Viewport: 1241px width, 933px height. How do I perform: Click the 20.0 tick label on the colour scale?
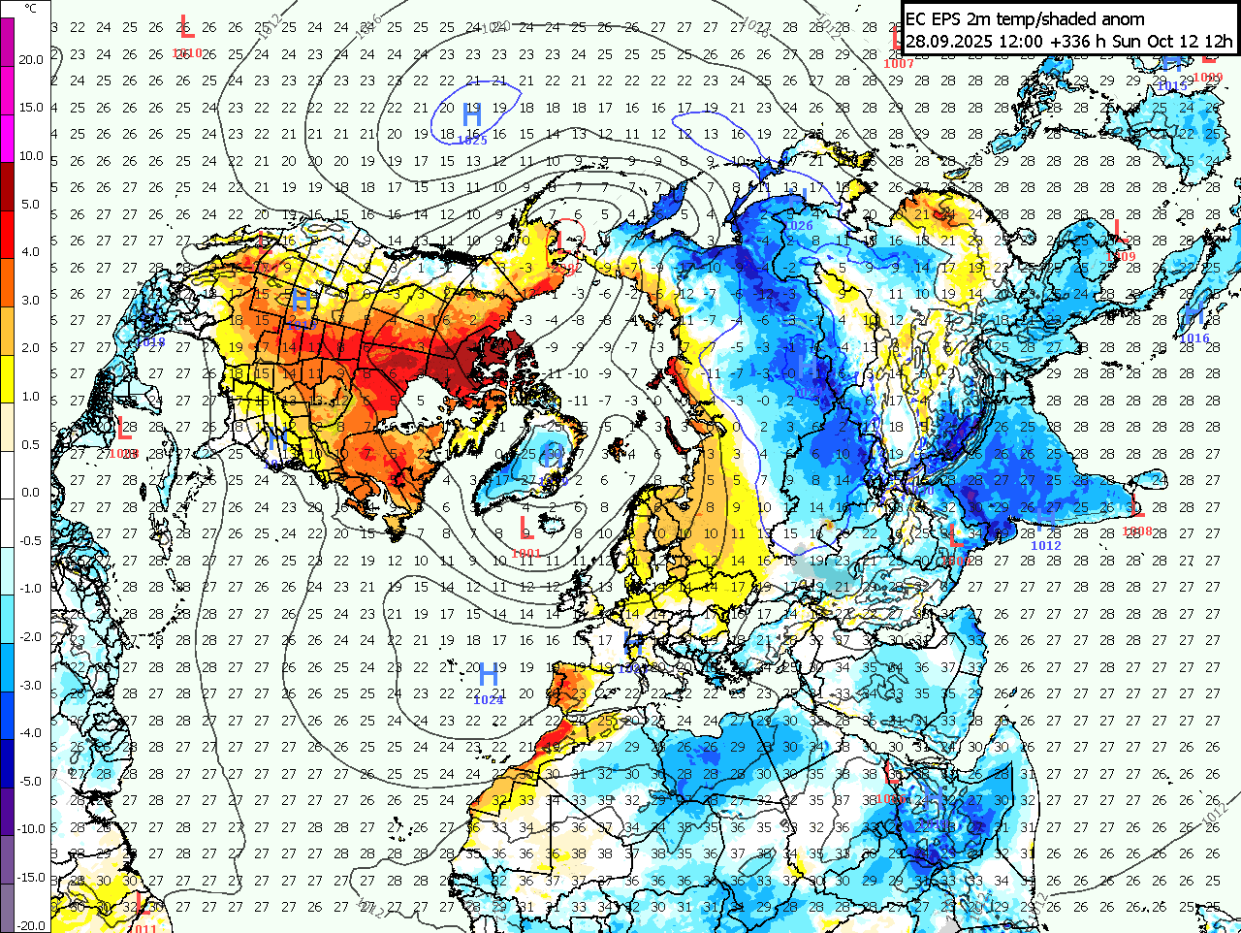[31, 59]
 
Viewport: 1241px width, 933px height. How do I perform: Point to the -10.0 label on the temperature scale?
[31, 829]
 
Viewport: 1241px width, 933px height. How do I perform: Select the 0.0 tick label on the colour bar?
[31, 493]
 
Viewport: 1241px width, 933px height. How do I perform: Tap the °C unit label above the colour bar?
[31, 8]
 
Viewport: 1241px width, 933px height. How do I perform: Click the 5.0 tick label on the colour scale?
[31, 205]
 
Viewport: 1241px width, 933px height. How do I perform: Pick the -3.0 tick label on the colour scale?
[31, 685]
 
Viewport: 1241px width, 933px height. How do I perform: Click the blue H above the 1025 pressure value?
[472, 115]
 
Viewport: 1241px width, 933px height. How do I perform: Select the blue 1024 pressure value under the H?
[490, 699]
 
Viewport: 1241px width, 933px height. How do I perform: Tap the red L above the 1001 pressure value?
[525, 529]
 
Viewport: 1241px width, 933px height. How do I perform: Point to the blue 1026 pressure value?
[800, 226]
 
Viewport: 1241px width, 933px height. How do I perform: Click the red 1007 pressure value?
[899, 64]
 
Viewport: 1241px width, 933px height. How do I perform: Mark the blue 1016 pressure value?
[1195, 338]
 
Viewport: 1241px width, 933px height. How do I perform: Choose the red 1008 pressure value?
[1137, 531]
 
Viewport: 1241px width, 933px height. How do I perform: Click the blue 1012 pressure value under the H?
[1046, 546]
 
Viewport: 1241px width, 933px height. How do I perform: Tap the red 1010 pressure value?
[187, 53]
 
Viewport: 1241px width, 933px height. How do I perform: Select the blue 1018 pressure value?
[150, 341]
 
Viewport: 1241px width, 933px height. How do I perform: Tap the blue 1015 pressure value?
[1172, 86]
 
